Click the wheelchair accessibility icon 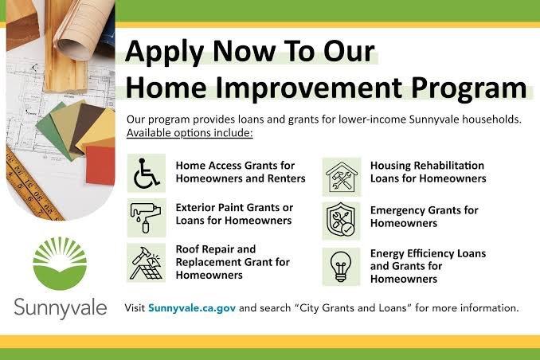147,173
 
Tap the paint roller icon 146,217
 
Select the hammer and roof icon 147,263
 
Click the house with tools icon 342,177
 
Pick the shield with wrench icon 341,221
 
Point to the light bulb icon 341,267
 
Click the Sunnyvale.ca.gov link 192,307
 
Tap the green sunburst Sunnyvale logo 60,263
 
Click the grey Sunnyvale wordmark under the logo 61,307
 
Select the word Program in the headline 468,88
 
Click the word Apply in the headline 165,52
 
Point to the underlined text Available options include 190,133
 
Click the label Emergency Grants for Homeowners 424,217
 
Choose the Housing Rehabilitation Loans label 428,172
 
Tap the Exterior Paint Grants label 234,214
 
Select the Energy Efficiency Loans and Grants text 428,266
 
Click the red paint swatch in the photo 100,165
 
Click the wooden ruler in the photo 31,186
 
